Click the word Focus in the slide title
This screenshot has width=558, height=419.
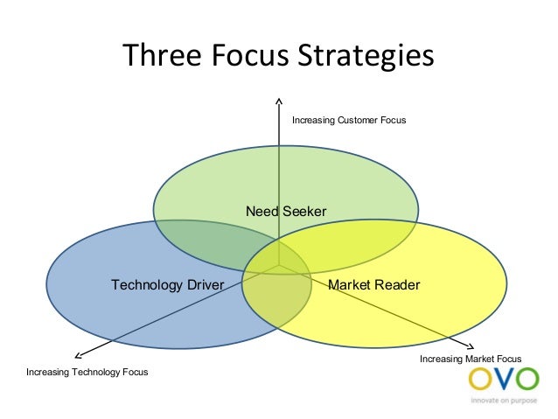(238, 55)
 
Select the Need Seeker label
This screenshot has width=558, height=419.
(286, 212)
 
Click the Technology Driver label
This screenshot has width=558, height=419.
(168, 285)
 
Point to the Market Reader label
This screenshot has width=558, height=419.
(373, 285)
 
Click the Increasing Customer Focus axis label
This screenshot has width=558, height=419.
(349, 120)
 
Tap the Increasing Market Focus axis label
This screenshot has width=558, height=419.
(471, 360)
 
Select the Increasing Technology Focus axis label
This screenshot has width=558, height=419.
(87, 373)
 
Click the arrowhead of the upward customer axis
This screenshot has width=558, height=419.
(278, 100)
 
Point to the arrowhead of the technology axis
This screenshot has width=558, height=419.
(78, 354)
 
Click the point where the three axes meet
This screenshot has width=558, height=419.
(278, 266)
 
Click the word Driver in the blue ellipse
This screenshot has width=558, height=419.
(202, 285)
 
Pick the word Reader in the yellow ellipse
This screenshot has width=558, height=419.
(400, 285)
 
